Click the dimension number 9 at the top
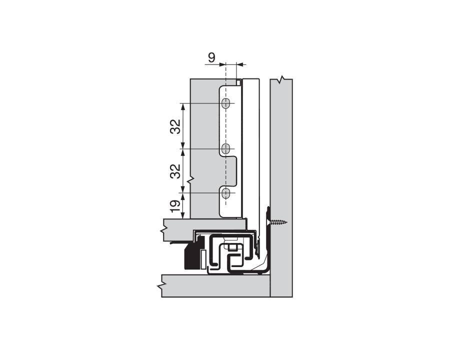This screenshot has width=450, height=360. point(211,57)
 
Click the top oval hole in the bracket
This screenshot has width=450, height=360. point(226,103)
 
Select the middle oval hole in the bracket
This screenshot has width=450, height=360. point(226,148)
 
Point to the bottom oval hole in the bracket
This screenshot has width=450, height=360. point(226,192)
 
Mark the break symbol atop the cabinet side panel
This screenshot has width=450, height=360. point(282,79)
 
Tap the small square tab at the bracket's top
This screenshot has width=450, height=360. point(239,80)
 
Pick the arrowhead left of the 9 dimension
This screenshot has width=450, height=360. point(223,64)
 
